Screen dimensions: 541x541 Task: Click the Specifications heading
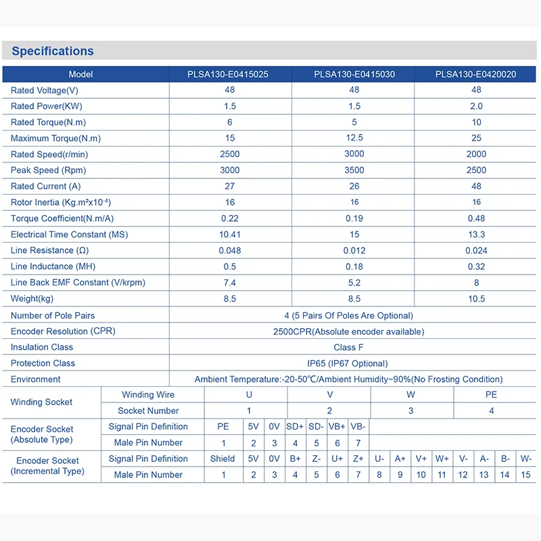point(53,51)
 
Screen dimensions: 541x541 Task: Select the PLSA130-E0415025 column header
point(228,74)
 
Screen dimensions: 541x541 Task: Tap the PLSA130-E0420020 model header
point(475,74)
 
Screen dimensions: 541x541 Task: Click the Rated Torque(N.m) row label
point(48,122)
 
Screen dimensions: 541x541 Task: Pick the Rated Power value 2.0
point(476,106)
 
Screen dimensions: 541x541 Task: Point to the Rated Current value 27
point(230,186)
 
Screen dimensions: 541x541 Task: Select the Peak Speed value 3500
point(354,170)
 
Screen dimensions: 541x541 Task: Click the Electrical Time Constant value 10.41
point(230,235)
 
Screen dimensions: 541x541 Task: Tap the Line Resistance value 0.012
point(354,251)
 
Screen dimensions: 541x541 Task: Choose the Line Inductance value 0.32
point(476,267)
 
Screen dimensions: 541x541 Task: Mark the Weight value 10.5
point(476,299)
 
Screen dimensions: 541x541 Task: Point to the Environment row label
point(36,379)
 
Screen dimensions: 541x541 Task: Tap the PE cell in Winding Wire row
point(491,395)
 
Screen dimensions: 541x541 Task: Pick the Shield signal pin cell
point(222,459)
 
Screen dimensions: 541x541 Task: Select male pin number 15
point(525,475)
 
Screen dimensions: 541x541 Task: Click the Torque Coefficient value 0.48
point(476,218)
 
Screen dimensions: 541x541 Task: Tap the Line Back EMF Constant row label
point(78,283)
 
